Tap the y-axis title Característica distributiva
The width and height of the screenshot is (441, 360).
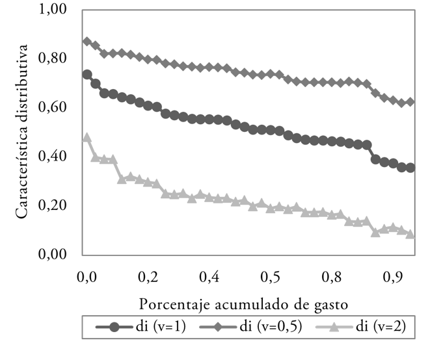(x=22, y=130)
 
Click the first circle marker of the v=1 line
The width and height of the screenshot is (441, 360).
(x=87, y=75)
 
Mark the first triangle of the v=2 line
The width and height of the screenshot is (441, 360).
(x=87, y=138)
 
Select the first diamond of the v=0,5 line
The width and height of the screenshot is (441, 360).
(x=87, y=42)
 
